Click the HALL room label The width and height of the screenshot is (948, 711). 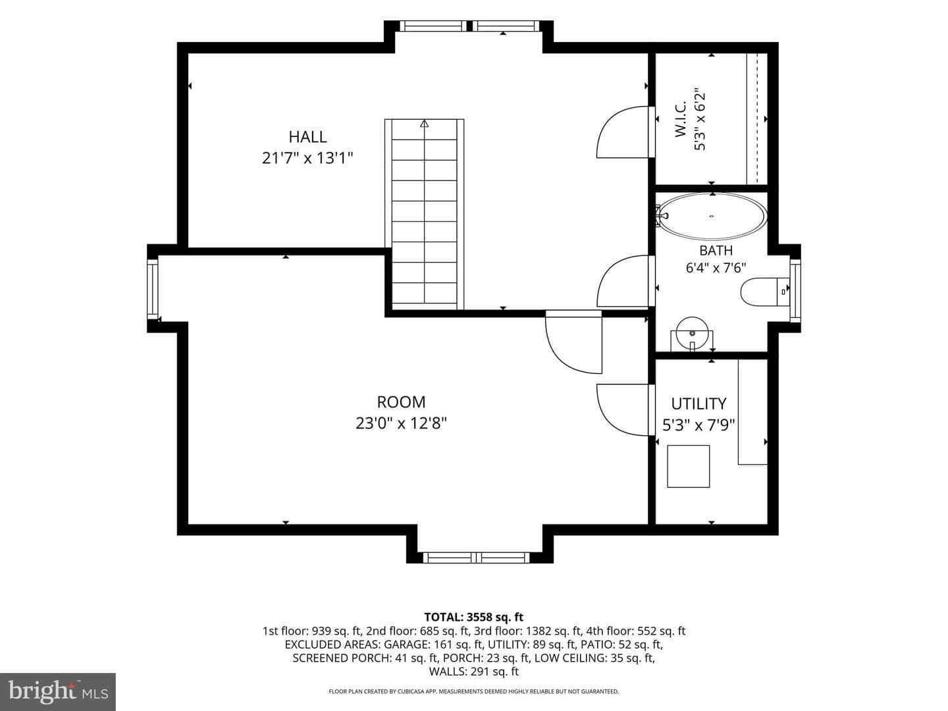tap(307, 137)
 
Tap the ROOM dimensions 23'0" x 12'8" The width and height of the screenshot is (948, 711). tap(401, 423)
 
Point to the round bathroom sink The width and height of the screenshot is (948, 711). tap(692, 333)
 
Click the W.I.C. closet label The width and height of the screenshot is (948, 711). tap(680, 120)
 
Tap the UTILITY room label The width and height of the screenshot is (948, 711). tap(698, 404)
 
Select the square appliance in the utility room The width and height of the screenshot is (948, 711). tap(689, 466)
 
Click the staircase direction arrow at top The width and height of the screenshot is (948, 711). tap(424, 124)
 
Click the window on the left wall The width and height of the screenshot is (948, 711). tap(153, 289)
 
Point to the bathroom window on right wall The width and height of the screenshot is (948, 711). tap(795, 290)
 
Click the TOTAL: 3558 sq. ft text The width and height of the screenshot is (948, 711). tap(474, 617)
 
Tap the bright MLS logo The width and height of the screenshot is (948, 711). tap(58, 691)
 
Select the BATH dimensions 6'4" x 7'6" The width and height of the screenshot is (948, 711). tap(716, 268)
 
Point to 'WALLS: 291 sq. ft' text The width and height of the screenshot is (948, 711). tap(474, 671)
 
